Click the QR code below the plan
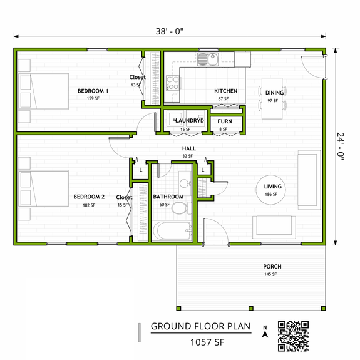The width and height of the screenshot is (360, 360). [x=294, y=336]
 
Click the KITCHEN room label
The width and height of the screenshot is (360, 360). [x=225, y=91]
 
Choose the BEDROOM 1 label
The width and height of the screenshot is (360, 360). [x=93, y=91]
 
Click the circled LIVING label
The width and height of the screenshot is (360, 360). [x=273, y=187]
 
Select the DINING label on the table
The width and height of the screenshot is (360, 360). [x=274, y=93]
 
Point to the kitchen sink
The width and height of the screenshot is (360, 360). [x=206, y=59]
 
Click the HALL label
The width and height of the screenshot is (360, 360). [x=187, y=148]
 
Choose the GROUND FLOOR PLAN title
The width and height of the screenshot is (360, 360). [x=200, y=326]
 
